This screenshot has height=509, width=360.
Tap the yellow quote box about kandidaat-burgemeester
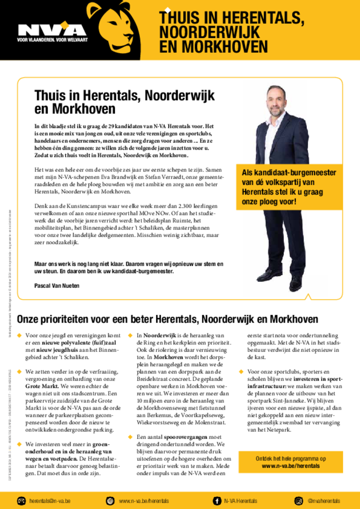289,187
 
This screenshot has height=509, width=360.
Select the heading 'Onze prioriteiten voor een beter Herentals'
167,319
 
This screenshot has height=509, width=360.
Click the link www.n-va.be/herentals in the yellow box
291,466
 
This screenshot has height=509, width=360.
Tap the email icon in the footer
21,501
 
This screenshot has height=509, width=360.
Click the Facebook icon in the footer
217,501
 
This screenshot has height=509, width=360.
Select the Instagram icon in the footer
299,501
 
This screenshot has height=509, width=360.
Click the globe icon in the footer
110,501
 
